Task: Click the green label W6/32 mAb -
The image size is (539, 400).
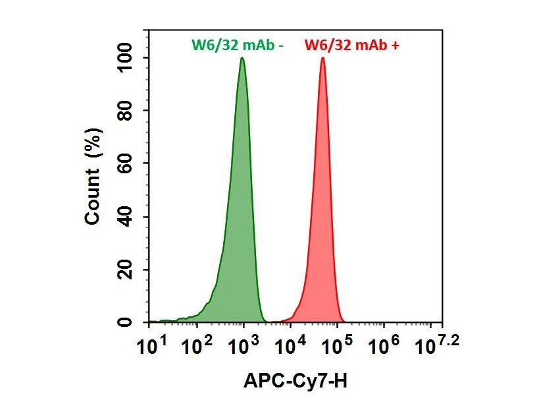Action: pyautogui.click(x=237, y=45)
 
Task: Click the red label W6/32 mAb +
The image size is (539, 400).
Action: pyautogui.click(x=351, y=45)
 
